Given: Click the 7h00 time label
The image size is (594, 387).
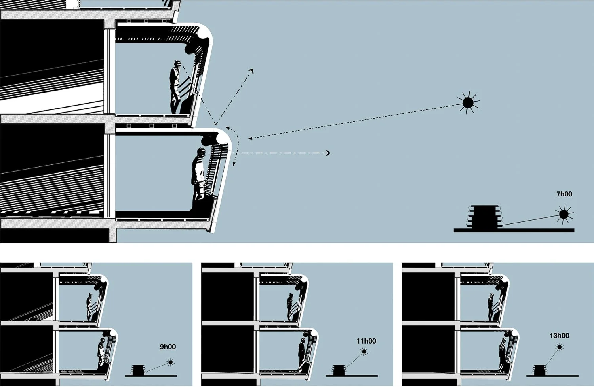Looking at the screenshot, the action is (x=564, y=194).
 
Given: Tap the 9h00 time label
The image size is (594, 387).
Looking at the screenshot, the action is (x=168, y=347).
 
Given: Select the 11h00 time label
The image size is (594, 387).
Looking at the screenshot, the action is (x=366, y=341).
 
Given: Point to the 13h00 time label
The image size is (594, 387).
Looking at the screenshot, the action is (x=559, y=336).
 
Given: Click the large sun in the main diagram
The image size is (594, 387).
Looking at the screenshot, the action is (x=468, y=103).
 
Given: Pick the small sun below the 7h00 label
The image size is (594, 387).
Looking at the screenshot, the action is (x=563, y=215).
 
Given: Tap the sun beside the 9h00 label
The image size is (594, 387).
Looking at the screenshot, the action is (x=171, y=362).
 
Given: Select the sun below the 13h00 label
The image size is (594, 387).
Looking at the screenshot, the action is (x=560, y=347).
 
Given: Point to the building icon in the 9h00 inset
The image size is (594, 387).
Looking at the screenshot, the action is (x=138, y=370).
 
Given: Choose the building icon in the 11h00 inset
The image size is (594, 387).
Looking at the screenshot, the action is (x=339, y=370).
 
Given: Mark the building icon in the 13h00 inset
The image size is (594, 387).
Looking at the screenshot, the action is (x=539, y=370).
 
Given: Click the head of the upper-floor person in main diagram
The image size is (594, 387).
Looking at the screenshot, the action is (x=177, y=63).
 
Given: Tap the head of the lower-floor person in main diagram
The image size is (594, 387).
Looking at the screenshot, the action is (x=201, y=152).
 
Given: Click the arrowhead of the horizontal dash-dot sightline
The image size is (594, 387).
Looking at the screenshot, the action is (x=328, y=153).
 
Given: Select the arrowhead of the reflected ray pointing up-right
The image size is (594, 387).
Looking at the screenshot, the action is (x=251, y=70).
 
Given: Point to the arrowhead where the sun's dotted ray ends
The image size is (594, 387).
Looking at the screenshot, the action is (x=249, y=138).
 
